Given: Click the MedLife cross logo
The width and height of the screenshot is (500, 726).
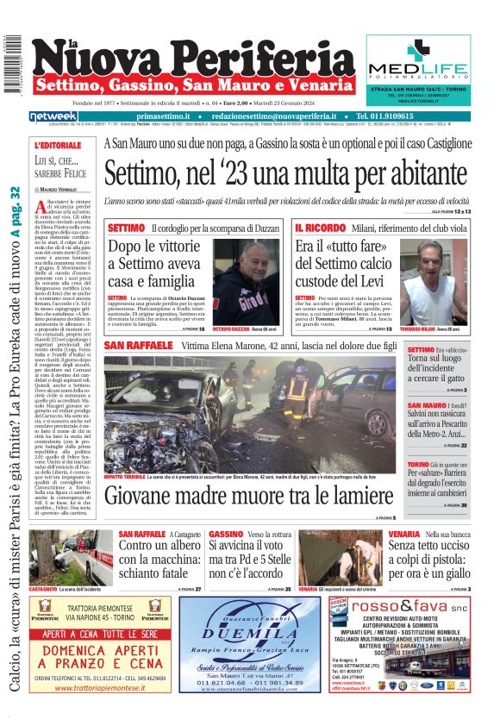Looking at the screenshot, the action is (x=419, y=53).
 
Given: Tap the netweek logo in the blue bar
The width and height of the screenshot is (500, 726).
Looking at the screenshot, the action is (x=53, y=116).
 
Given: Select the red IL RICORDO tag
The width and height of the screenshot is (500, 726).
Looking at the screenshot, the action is (x=320, y=228).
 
